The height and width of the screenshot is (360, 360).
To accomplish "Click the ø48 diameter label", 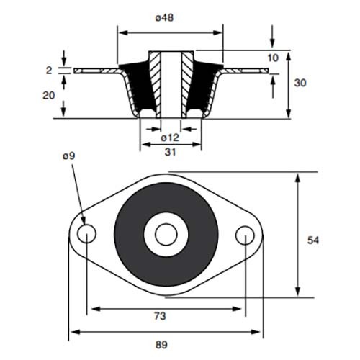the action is [x=164, y=18].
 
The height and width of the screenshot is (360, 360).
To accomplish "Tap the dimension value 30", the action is [x=300, y=83].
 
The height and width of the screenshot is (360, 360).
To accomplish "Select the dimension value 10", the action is [x=273, y=58].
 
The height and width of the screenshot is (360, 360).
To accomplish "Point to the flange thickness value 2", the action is [x=49, y=71].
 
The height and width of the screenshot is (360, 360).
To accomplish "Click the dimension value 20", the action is [x=49, y=96].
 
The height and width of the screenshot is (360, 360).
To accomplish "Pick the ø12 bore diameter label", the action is [x=170, y=138].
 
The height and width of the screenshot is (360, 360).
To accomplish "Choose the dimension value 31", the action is [x=170, y=152].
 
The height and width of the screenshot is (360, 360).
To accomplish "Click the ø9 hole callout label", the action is [x=69, y=156].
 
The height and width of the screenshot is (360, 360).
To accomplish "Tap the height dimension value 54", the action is [x=313, y=240].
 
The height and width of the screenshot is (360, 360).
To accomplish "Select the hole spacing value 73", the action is [x=160, y=316].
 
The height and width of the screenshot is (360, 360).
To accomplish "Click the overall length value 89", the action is [x=161, y=345].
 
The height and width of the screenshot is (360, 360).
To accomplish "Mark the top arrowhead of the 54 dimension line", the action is [x=297, y=179].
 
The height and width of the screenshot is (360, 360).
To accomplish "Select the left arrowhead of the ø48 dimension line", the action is [x=123, y=32].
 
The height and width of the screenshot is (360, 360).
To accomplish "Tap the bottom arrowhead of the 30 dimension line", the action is [x=289, y=113].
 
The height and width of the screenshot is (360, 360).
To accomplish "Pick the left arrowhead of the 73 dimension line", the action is [x=96, y=309].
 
